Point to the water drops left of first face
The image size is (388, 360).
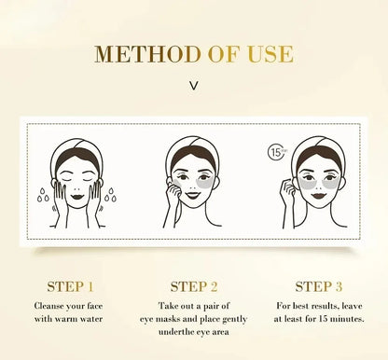(x=43, y=196)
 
